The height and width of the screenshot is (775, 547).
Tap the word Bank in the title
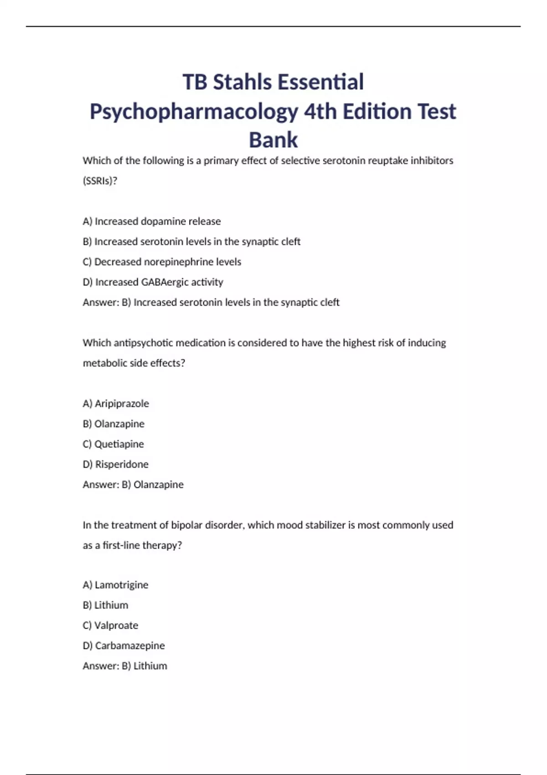click(x=273, y=140)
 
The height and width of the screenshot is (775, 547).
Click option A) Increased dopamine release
click(x=152, y=222)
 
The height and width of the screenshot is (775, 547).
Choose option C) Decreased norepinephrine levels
click(x=162, y=262)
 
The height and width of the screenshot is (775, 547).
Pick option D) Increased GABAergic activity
click(x=153, y=282)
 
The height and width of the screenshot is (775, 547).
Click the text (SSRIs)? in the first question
click(x=100, y=181)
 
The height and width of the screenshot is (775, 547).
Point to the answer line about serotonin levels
click(x=211, y=302)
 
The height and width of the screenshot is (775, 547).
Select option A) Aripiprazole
click(x=116, y=404)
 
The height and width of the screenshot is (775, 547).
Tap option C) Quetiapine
click(x=113, y=444)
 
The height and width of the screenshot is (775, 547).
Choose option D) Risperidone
click(x=115, y=465)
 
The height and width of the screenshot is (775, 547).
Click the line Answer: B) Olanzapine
click(x=133, y=485)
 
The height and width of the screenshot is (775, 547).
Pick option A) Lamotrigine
click(x=115, y=585)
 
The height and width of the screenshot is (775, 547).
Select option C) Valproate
click(x=110, y=625)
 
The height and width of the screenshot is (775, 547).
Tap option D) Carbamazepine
click(x=124, y=646)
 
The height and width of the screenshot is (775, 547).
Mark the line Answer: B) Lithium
click(x=125, y=666)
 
